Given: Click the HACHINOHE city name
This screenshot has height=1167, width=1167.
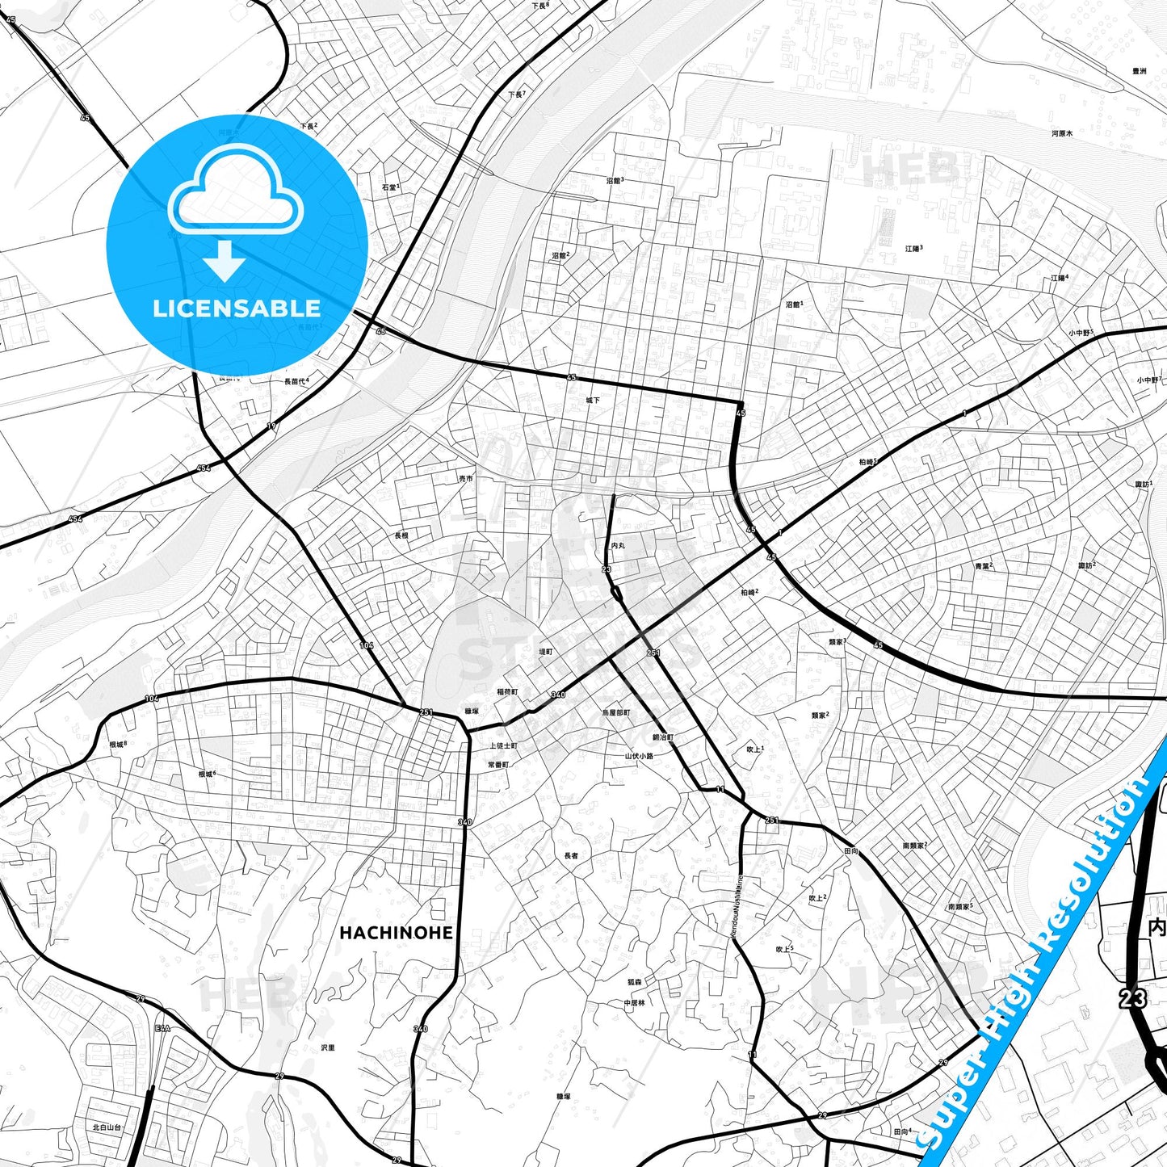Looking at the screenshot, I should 396,933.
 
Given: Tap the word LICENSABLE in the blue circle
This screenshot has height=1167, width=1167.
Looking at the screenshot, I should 237,309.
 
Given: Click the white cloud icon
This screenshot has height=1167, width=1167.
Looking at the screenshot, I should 235,192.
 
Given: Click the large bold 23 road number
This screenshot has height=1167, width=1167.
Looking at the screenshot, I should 1132,998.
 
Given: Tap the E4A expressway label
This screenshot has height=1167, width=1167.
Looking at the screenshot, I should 163,1028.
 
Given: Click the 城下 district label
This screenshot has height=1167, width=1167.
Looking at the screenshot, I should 594,401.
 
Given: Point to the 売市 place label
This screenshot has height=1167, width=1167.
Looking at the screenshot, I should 466,479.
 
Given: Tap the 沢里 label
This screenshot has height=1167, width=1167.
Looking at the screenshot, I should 327,1047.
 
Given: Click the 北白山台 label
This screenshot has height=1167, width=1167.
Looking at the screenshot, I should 107,1127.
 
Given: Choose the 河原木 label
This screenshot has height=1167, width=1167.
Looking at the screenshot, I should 1062,133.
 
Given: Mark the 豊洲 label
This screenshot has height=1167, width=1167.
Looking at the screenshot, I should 1139,71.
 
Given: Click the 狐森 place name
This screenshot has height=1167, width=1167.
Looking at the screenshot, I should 635,983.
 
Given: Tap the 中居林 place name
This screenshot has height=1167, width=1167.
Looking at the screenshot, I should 634,1002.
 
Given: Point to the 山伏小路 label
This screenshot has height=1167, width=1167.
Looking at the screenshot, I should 639,757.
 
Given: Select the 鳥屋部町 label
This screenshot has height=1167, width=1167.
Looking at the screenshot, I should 616,713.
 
